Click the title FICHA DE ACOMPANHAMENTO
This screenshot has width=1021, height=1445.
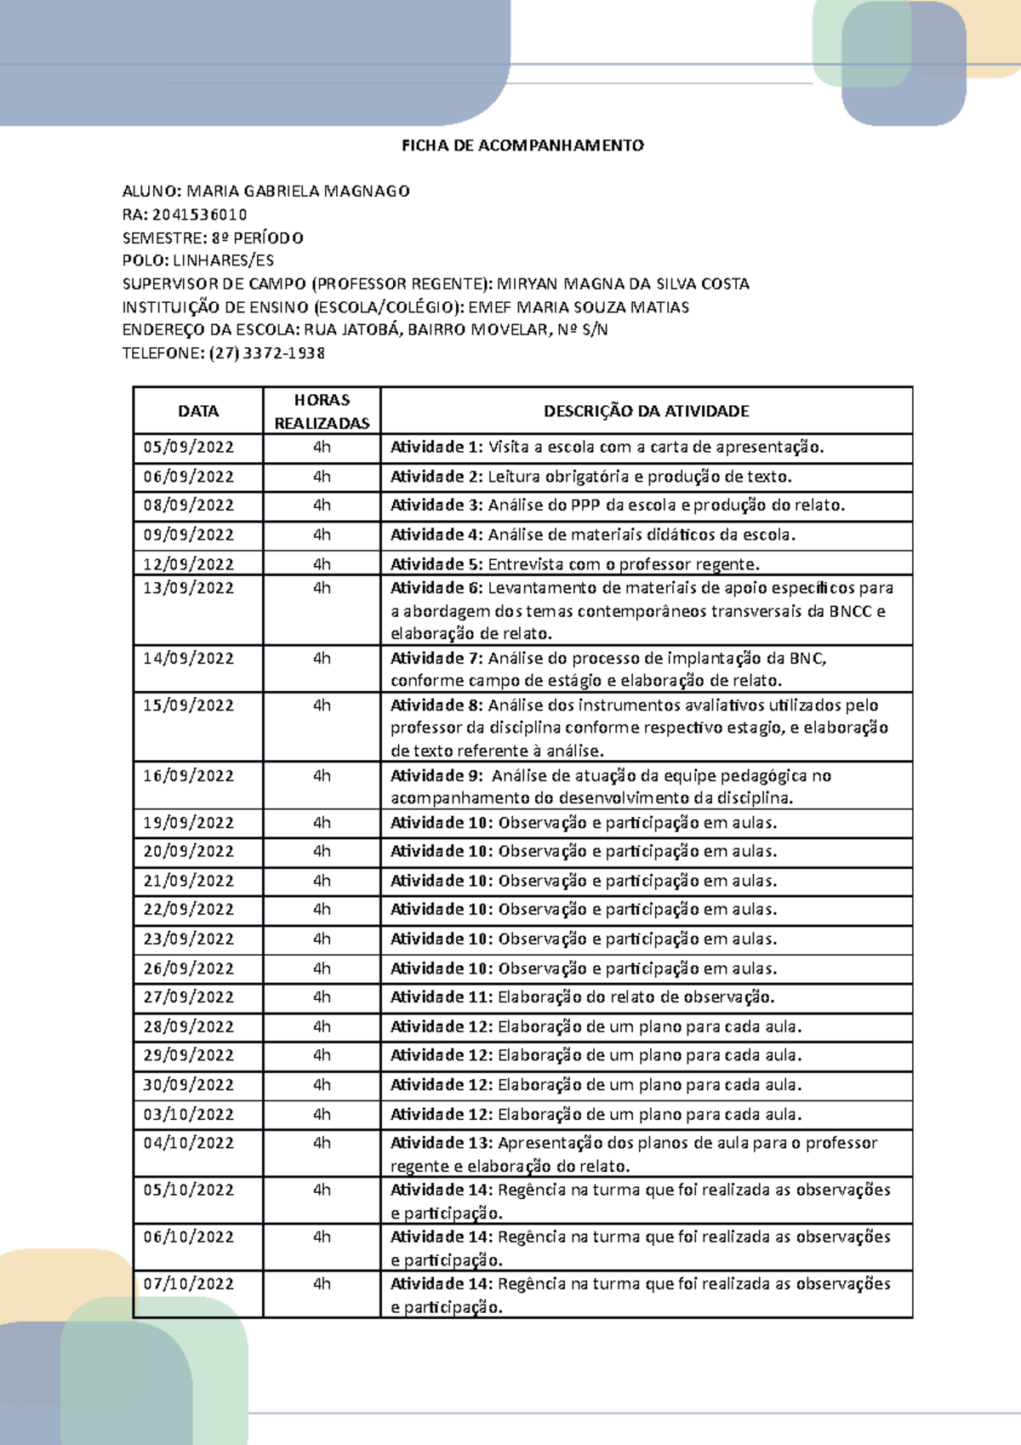coord(522,146)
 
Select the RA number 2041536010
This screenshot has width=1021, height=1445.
coord(199,214)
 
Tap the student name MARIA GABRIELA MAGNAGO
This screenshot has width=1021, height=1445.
coord(298,191)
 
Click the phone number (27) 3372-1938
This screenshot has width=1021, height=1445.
coord(266,353)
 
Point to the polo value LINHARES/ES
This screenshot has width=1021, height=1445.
coord(223,260)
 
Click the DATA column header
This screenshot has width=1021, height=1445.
coord(198,411)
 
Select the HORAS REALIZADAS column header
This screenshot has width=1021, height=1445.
coord(322,411)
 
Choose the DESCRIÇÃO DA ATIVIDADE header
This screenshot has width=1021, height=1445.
coord(646,411)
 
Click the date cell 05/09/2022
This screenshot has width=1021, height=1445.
coord(188,448)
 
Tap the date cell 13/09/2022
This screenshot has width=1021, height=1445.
coord(188,588)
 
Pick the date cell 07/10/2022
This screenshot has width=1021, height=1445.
coord(188,1284)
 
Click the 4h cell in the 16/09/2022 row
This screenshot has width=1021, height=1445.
coord(322,776)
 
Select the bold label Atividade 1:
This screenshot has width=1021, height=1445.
coord(436,448)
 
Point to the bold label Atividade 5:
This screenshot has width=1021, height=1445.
coord(436,564)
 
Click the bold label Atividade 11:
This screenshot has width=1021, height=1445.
coord(441,997)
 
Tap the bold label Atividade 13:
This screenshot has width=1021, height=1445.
coord(441,1143)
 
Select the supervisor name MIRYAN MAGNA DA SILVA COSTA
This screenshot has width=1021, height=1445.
coord(623,284)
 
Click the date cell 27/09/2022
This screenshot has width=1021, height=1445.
coord(188,997)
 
